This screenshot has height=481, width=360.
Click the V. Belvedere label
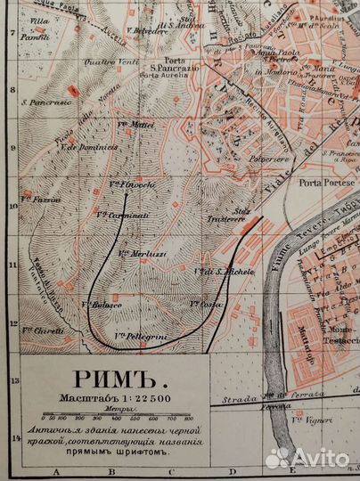point(150,30)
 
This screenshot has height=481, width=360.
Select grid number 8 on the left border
point(12,90)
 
